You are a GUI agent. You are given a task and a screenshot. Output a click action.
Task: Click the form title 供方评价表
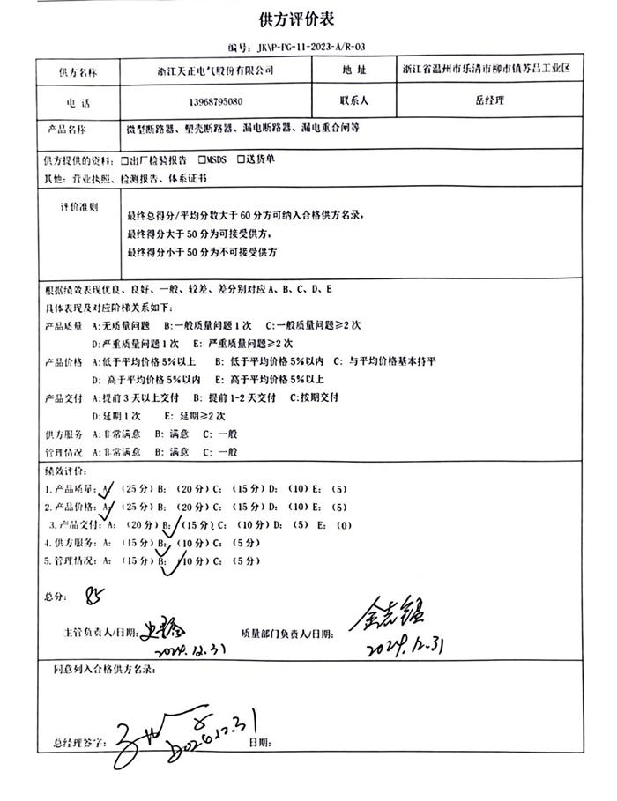point(308,19)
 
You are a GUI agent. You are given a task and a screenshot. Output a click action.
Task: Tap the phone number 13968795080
point(216,101)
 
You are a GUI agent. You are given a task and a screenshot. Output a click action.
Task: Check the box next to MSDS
point(203,160)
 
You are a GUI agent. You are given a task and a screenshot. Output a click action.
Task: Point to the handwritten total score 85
point(93,597)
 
